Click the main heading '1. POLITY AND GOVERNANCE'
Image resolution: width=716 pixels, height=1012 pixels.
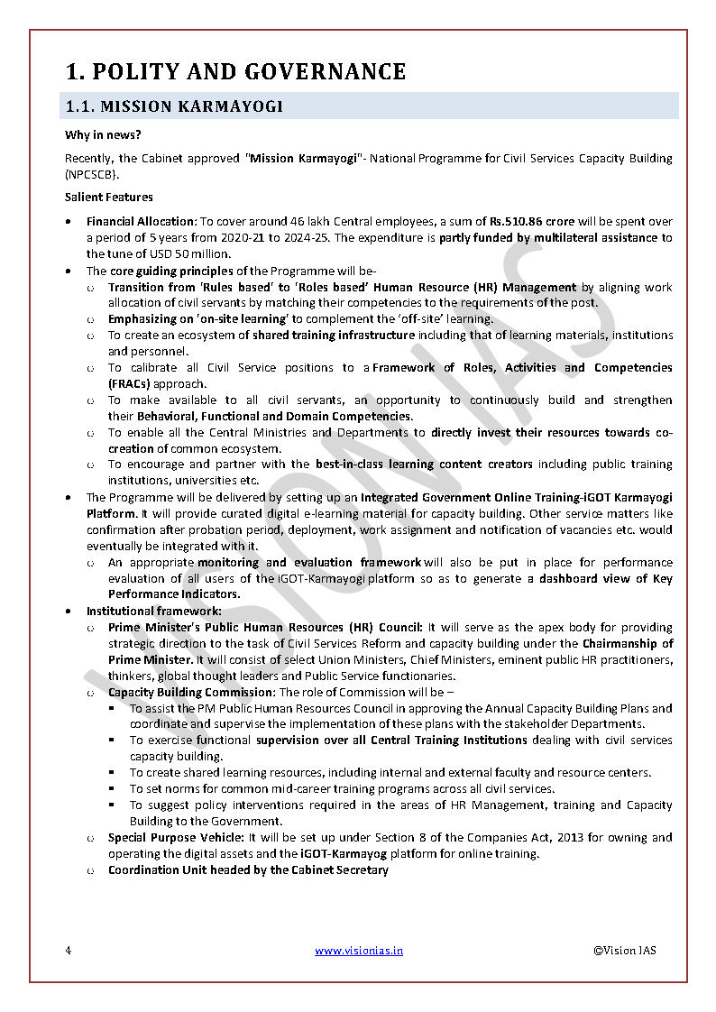(235, 71)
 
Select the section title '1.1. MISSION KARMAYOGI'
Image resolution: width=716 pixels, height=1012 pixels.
(174, 106)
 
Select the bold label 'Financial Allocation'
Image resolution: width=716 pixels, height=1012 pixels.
(141, 221)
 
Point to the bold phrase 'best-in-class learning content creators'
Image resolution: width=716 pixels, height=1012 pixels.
(425, 465)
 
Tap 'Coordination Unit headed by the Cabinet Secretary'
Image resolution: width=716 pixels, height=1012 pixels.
(248, 870)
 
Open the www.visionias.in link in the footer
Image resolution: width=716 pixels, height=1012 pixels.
(359, 951)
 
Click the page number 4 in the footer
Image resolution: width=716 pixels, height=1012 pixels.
(69, 951)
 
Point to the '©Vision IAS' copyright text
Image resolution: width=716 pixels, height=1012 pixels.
(624, 951)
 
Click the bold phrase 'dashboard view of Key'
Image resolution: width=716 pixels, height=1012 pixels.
(606, 578)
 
